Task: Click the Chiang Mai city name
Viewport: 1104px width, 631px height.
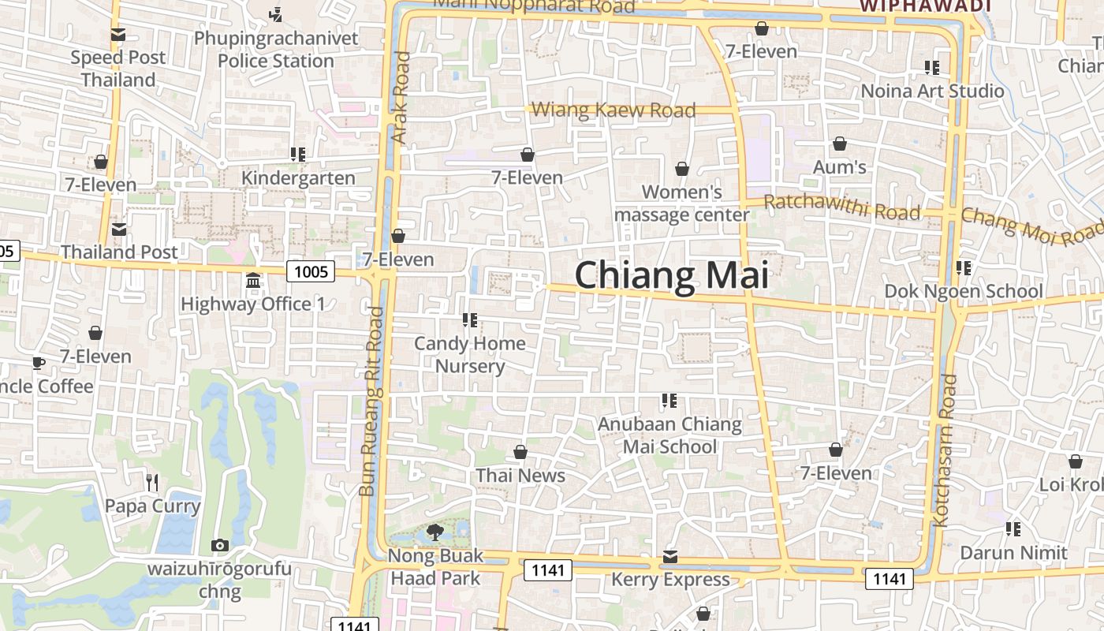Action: point(671,275)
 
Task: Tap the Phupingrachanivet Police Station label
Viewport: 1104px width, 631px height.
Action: point(276,49)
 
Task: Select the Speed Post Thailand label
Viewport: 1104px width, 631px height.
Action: point(118,69)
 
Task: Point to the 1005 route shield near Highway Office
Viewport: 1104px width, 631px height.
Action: point(311,272)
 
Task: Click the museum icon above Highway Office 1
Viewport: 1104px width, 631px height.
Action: point(253,281)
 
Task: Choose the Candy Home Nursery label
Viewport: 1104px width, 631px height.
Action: point(470,354)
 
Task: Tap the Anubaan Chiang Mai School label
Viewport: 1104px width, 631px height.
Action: point(669,435)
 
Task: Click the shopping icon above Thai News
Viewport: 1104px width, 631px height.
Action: point(520,452)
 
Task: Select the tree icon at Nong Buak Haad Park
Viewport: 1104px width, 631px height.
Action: point(435,532)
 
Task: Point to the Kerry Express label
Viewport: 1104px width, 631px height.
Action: point(670,580)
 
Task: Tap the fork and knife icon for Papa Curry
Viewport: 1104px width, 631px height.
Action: point(153,482)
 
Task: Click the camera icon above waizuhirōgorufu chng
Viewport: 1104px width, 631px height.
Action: point(220,545)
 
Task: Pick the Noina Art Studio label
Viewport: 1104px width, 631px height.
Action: point(932,91)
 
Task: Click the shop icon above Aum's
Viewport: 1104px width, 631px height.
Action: point(840,144)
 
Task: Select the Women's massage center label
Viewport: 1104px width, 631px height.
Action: point(681,203)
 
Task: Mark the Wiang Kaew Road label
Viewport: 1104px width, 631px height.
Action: point(614,110)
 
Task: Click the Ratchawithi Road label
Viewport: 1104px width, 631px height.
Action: point(842,207)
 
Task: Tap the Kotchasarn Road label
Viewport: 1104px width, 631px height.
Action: point(945,450)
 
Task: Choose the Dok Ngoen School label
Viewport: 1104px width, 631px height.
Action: point(963,291)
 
